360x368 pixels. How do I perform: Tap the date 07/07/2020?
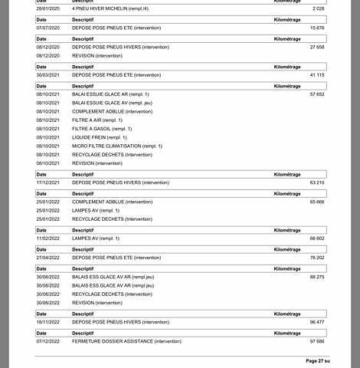[47, 27]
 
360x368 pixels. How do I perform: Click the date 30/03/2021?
[47, 74]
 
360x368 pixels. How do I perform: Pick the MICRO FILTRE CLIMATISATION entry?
[117, 146]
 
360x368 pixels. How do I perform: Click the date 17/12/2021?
[47, 182]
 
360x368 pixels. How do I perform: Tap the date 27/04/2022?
[47, 258]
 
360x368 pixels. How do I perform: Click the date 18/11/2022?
[47, 322]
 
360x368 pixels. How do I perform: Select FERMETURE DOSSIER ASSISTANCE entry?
[127, 341]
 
